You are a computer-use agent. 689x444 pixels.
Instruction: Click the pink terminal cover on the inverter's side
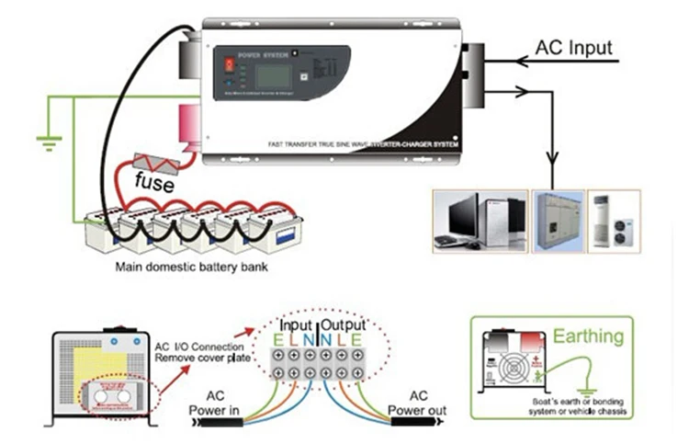pos(193,127)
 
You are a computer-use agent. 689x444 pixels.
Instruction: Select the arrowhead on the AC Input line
pos(522,63)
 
